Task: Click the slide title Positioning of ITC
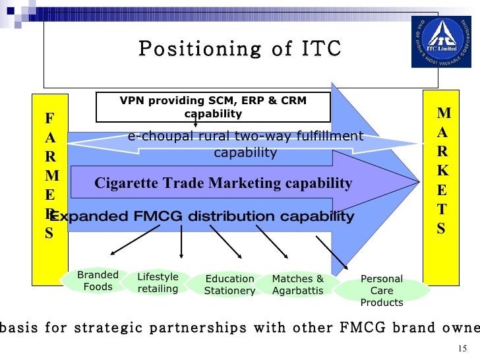240,49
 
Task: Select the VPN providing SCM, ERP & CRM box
213,107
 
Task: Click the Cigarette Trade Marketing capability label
224,183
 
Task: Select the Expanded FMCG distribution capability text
202,217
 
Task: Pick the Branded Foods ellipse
98,281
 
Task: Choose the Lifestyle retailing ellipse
158,283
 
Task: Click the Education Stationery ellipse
229,285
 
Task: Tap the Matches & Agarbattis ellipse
298,284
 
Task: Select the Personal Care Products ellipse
382,291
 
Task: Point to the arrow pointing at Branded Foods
135,240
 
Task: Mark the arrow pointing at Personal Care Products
332,253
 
